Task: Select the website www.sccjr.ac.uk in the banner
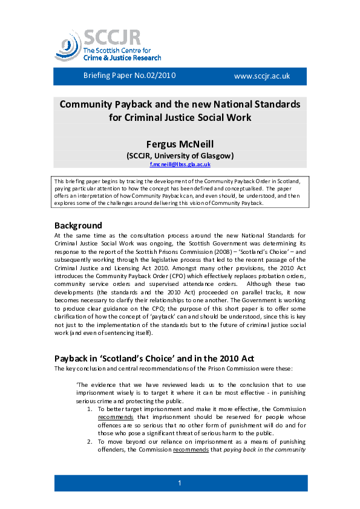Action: coord(262,76)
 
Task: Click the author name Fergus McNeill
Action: coord(180,143)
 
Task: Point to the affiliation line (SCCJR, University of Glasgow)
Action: coord(180,155)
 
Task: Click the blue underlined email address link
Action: coord(180,164)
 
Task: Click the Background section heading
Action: coord(78,225)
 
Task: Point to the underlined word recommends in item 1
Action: coord(113,417)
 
